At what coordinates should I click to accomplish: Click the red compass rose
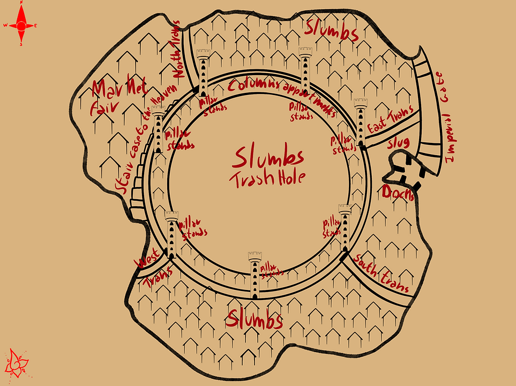(x=21, y=24)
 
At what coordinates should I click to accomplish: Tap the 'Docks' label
(x=398, y=193)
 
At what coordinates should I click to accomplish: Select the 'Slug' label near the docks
(x=398, y=143)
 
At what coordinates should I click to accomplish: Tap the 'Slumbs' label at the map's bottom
(x=254, y=320)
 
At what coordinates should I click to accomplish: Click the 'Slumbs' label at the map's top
(x=331, y=31)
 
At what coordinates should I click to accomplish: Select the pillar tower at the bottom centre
(x=255, y=274)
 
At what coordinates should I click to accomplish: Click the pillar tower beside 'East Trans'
(x=361, y=121)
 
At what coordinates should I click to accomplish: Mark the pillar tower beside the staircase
(x=158, y=129)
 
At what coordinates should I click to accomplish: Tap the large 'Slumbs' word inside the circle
(x=268, y=158)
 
